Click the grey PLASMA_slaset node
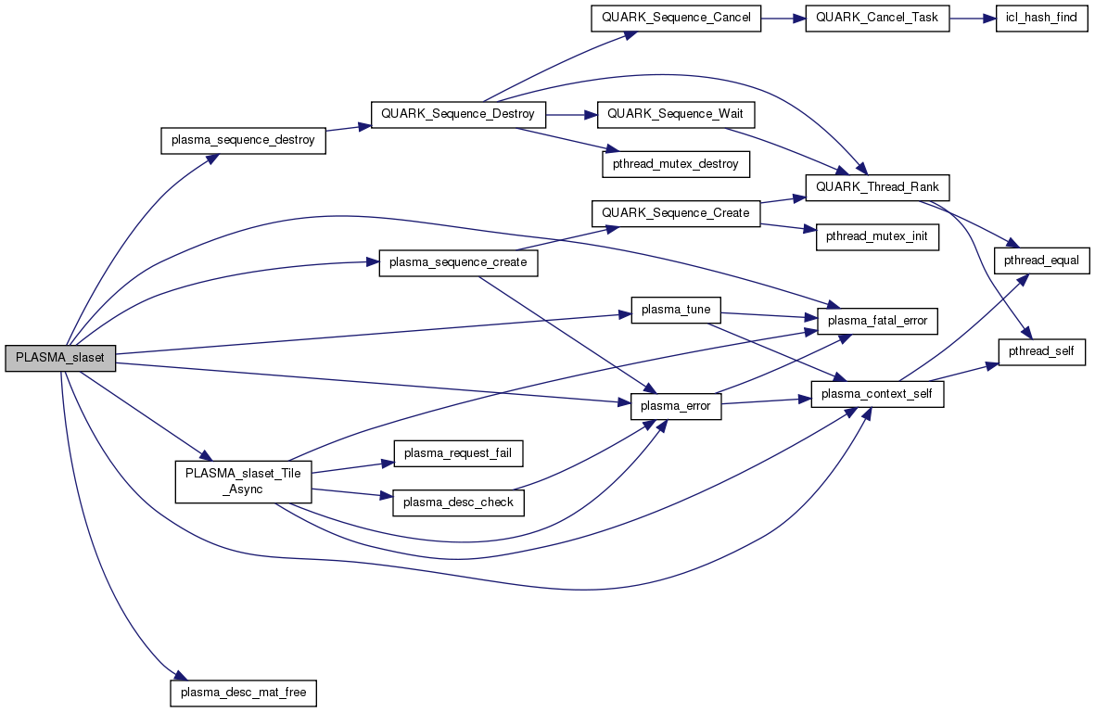tap(60, 359)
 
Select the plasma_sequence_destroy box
tap(243, 141)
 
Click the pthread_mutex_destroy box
tap(675, 164)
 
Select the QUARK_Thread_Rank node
tap(877, 187)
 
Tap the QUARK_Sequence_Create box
tap(675, 213)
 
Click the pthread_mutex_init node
tap(877, 237)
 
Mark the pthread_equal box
tap(1041, 261)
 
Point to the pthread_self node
tap(1041, 351)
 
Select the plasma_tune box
tap(675, 310)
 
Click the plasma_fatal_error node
tap(877, 321)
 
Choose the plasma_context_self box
tap(877, 394)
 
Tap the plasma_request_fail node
tap(458, 453)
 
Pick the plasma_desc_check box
tap(458, 502)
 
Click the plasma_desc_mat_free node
tap(243, 693)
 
